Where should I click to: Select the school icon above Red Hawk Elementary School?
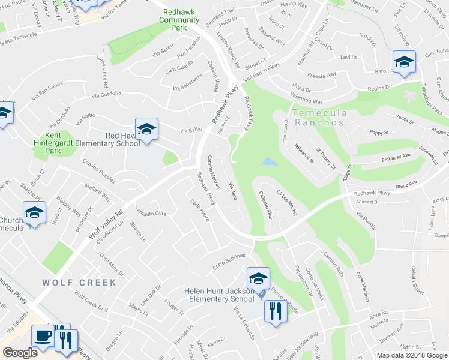pos(146,129)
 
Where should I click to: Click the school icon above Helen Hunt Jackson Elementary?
pos(258,278)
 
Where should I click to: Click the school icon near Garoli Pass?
pos(404,62)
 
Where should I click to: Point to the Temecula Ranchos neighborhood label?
pos(318,118)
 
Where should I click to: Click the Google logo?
pos(20,353)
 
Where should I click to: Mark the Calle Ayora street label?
pos(199,211)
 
